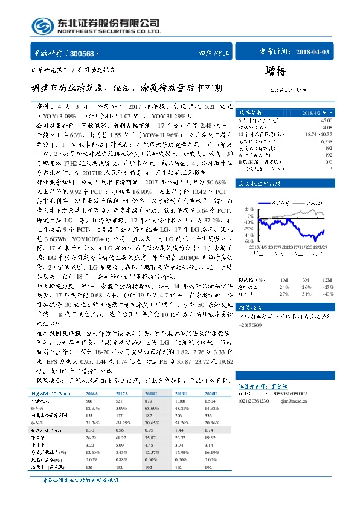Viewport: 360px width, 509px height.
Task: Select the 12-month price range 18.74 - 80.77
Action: [x=320, y=134]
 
